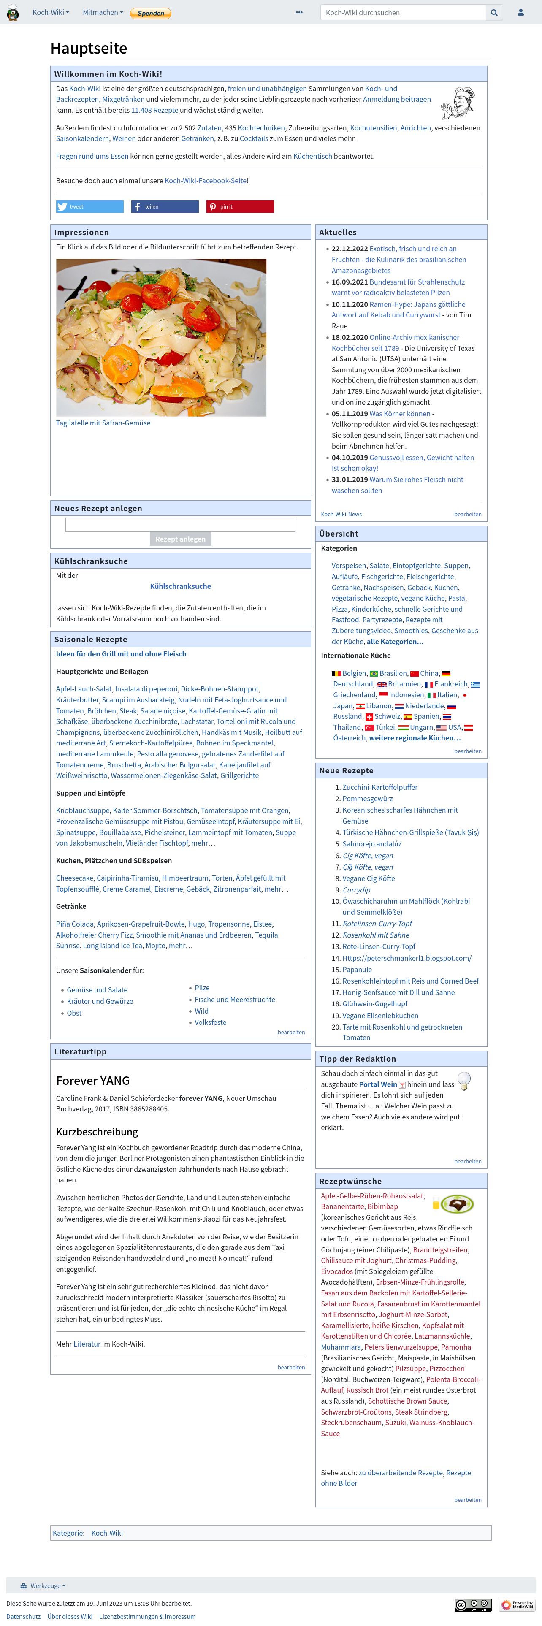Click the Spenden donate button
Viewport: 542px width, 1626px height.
coord(150,13)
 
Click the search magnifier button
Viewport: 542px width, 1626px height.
coord(494,13)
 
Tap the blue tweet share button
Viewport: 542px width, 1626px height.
coord(89,206)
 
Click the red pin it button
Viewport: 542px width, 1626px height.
coord(240,206)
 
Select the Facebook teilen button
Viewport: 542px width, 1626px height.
coord(165,206)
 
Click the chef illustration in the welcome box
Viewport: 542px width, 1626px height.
coord(458,103)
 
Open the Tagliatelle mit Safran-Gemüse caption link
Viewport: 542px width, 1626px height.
coord(103,423)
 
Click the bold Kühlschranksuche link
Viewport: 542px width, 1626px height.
coord(181,586)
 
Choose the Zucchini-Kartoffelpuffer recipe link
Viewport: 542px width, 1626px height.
coord(380,787)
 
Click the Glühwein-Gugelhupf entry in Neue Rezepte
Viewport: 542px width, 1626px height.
coord(375,1004)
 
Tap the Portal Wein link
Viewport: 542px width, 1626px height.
coord(378,1084)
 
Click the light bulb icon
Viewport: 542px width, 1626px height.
coord(464,1081)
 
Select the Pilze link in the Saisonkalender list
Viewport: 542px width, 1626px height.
coord(202,988)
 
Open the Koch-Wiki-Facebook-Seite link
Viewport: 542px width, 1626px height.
coord(206,181)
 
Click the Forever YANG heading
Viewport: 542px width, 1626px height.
coord(93,1081)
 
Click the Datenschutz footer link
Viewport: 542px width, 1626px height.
coord(23,1617)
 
